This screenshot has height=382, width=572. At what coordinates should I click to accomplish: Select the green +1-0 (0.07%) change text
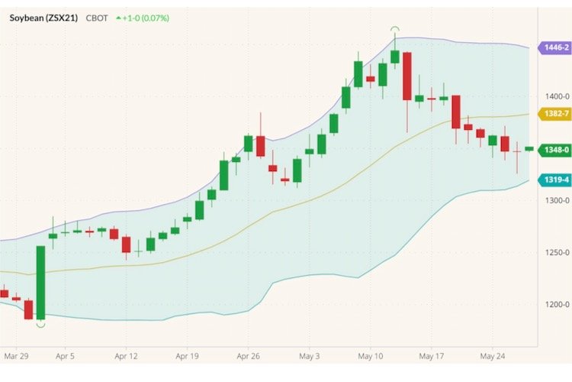point(143,17)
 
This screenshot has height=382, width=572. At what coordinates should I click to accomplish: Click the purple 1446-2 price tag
point(554,47)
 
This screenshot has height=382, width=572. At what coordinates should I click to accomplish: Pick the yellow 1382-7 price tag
point(554,113)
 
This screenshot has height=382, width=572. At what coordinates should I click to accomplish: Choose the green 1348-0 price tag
point(554,150)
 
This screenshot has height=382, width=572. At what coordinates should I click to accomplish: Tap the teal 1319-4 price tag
point(554,180)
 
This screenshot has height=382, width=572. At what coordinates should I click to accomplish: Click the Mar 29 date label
point(16,356)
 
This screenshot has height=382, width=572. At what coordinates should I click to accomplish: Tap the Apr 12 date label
point(126,356)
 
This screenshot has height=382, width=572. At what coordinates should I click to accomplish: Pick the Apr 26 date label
point(249,356)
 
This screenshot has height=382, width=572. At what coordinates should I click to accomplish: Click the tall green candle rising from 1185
point(40,282)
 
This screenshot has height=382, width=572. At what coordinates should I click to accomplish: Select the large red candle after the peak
point(407,76)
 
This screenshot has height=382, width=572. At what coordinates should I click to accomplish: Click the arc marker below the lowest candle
point(40,325)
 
